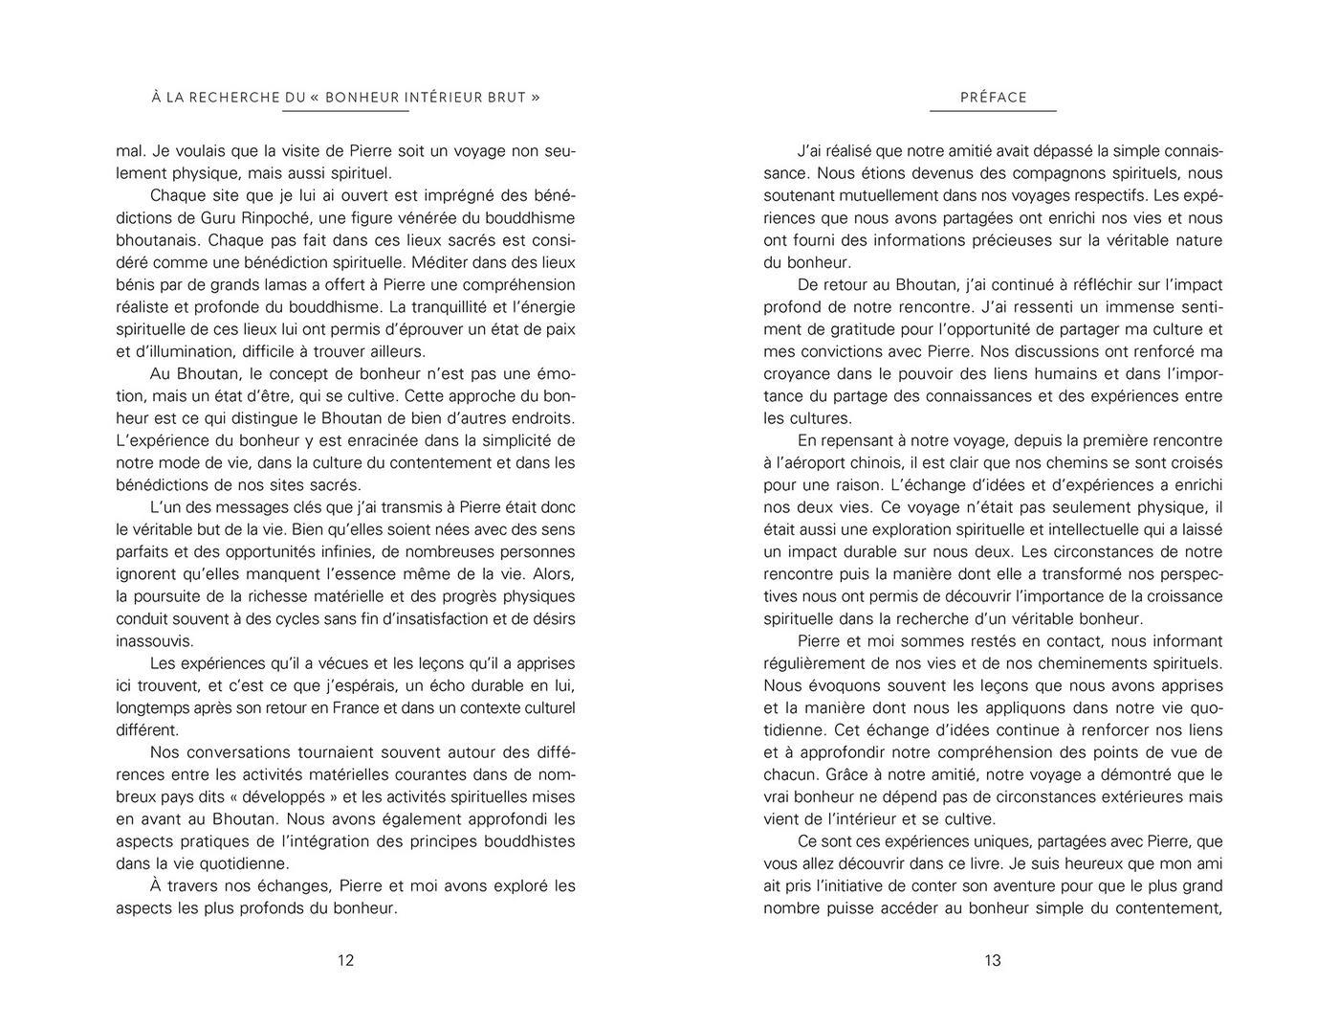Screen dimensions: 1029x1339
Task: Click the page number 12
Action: [x=345, y=960]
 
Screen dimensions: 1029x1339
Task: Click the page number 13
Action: [x=992, y=960]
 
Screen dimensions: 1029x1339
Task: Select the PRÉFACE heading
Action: [x=993, y=97]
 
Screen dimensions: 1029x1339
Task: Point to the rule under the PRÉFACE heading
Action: [x=993, y=111]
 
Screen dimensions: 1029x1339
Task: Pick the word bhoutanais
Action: [x=158, y=239]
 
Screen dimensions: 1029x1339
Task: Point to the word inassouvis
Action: [x=154, y=640]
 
